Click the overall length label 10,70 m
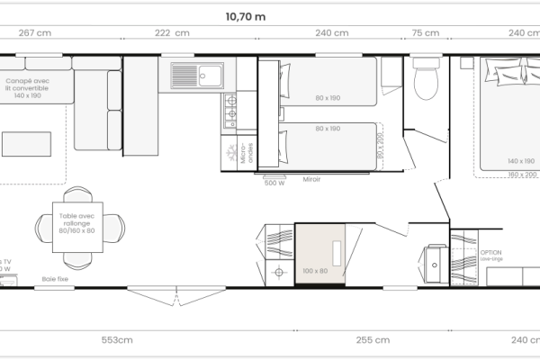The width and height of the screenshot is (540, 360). coord(245,15)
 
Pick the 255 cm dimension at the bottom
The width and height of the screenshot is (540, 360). coord(373,339)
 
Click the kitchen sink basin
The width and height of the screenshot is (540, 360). coord(212,74)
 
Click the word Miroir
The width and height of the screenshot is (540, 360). coord(311,179)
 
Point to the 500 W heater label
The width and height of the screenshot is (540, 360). coord(274,183)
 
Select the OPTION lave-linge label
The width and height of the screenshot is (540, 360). coord(490,255)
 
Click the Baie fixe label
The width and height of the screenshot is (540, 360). coord(55,279)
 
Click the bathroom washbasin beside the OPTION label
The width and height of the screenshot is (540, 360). coord(437,263)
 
